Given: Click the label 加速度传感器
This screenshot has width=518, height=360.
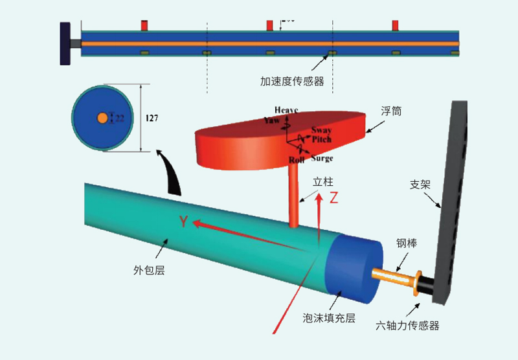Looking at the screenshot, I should pos(292,82).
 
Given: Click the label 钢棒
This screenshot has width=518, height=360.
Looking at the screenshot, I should pos(406,244).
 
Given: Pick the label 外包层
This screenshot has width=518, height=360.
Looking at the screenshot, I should pos(148,271).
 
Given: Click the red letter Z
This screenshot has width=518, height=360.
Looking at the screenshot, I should pos(334,199).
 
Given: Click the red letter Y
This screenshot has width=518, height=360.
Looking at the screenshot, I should pos(184,222).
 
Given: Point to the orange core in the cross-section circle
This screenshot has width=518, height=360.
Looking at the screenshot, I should pos(102,118).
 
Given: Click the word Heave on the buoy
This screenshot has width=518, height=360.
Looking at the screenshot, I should pos(286,110).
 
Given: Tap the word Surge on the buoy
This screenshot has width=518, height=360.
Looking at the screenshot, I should pos(322,158).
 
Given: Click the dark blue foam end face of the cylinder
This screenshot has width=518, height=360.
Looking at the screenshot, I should pos(353,266).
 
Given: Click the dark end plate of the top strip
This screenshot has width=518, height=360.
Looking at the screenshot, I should pos(65,43).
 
